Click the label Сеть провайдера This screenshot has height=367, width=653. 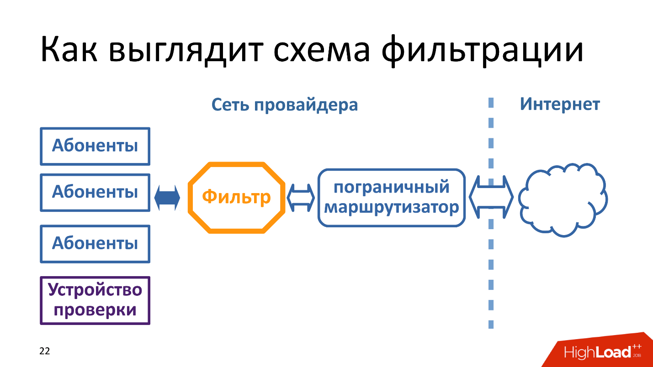[284, 105]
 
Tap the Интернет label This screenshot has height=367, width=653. [560, 105]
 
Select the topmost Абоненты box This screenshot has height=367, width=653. [95, 146]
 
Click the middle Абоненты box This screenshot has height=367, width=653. [95, 192]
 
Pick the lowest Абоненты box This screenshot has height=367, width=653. [95, 243]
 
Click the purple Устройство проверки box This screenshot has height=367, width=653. [95, 300]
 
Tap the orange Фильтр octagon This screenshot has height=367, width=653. [236, 198]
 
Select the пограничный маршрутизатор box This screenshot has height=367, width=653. [391, 198]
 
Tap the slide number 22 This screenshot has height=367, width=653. [45, 351]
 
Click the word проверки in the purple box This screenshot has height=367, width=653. [95, 310]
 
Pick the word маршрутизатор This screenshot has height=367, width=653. [391, 208]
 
